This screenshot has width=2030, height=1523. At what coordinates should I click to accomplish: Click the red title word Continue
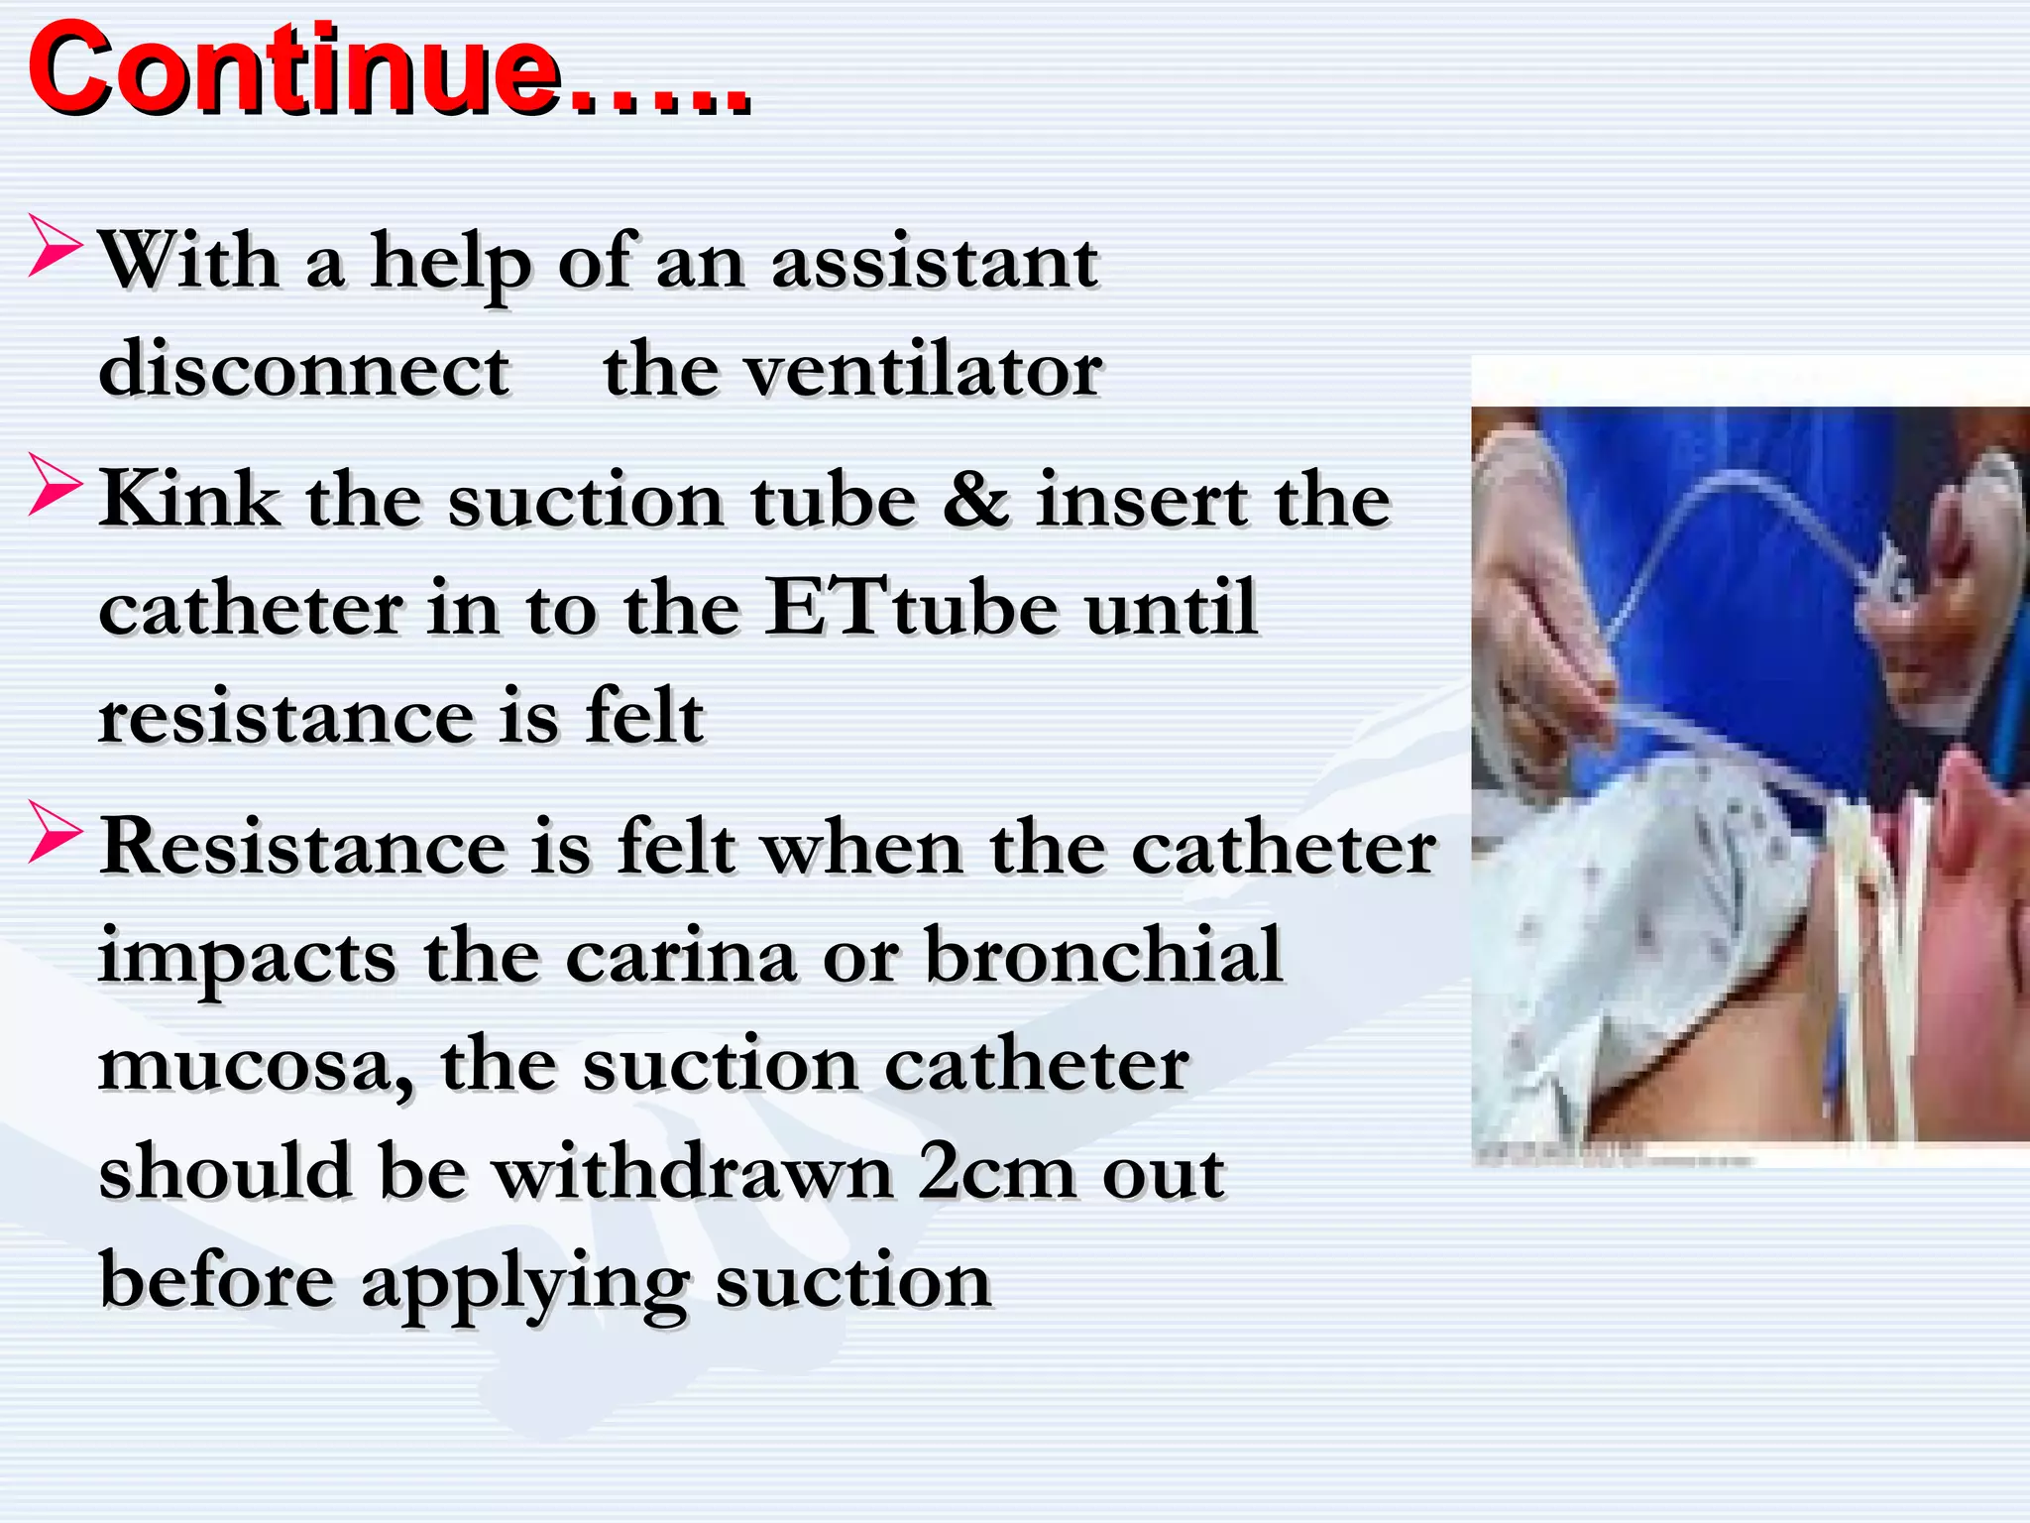pos(297,71)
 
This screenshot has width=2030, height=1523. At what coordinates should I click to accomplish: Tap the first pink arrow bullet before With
pos(55,246)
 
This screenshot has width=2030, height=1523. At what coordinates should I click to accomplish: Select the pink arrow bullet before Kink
pos(55,484)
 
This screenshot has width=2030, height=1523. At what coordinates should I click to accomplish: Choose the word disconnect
pos(304,370)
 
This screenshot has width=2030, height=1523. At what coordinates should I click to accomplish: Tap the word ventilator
pos(923,370)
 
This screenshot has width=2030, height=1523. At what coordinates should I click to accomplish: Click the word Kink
pos(189,499)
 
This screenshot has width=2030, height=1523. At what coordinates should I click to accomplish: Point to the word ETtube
pos(912,607)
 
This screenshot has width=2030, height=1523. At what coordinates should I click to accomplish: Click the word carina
pos(681,956)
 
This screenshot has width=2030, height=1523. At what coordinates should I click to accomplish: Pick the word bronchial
pos(1103,956)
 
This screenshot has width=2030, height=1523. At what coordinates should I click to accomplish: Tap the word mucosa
pos(257,1066)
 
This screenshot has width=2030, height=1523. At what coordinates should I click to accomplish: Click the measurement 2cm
pos(996,1172)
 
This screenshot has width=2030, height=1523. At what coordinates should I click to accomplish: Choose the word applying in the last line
pos(524,1283)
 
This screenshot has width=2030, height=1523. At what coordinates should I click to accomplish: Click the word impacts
pos(248,958)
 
